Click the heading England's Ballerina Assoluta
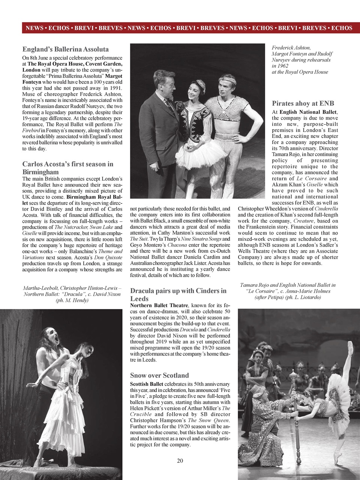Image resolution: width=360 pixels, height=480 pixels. click(66, 49)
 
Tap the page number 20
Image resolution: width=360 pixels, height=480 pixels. click(180, 461)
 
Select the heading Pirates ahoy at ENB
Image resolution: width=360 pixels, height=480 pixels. click(303, 103)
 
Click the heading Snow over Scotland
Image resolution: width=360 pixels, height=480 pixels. click(159, 375)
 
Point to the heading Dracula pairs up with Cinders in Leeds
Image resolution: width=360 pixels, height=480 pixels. click(178, 294)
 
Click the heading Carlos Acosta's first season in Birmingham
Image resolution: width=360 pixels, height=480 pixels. click(67, 168)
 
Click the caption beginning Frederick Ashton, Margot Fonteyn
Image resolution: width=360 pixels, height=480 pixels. click(301, 60)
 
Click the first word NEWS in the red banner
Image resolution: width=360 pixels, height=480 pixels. click(34, 28)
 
